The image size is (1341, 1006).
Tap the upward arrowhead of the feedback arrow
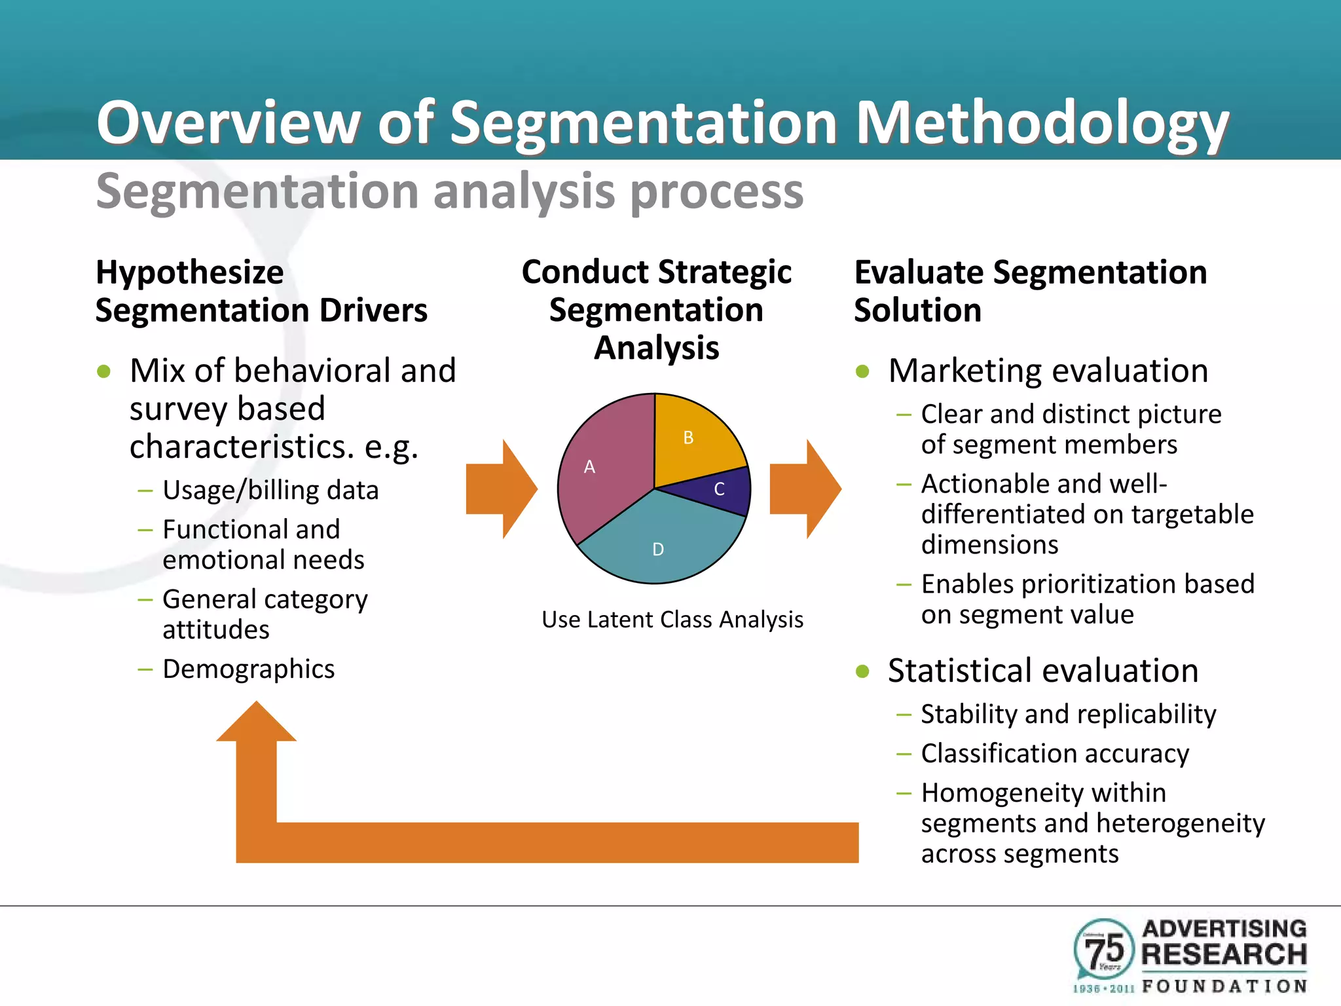coord(257,724)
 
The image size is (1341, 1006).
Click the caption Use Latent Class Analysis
coord(672,620)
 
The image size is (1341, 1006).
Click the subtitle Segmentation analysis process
coord(449,191)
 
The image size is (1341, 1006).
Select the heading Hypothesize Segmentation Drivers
coord(261,291)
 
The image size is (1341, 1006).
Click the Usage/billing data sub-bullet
coord(270,491)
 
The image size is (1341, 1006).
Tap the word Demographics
coord(248,669)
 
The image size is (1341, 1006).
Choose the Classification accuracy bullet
coord(1054,754)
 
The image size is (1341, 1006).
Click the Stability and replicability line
coord(1068,714)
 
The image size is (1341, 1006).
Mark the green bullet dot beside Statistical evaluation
coord(862,671)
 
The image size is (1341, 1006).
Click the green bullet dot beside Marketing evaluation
coord(862,372)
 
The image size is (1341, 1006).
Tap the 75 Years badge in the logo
coord(1104,950)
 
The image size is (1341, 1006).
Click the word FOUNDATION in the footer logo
coord(1224,986)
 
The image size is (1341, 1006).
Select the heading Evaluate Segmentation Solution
coord(1030,291)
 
